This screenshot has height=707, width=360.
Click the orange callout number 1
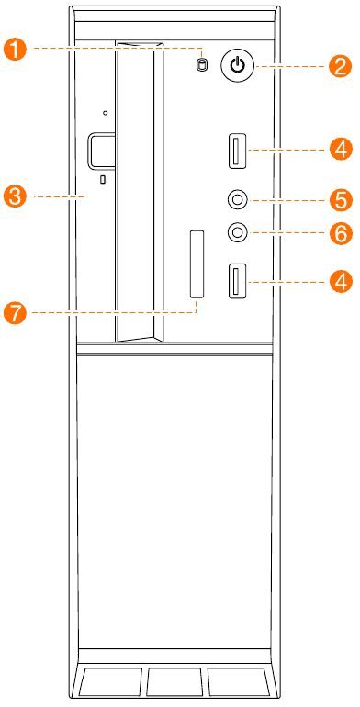[16, 49]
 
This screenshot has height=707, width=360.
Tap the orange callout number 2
[340, 66]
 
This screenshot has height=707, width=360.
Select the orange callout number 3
[16, 197]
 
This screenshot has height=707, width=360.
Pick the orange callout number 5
[341, 199]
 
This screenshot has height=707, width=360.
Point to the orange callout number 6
[341, 233]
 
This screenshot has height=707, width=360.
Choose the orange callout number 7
[16, 312]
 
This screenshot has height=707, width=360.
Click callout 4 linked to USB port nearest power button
[341, 149]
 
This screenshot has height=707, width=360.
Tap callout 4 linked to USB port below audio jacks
[341, 281]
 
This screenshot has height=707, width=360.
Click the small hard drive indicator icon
[202, 65]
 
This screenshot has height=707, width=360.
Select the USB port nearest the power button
[238, 151]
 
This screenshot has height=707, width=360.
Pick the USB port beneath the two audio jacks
[236, 280]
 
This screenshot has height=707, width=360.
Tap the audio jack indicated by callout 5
[237, 199]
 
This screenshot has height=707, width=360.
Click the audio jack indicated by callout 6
[237, 232]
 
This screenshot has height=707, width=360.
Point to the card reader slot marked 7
[197, 264]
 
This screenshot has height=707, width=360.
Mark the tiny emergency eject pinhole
[105, 113]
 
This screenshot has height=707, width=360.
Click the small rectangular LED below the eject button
[103, 179]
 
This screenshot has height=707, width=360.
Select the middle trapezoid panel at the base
[174, 681]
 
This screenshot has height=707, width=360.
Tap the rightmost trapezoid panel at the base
[238, 681]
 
